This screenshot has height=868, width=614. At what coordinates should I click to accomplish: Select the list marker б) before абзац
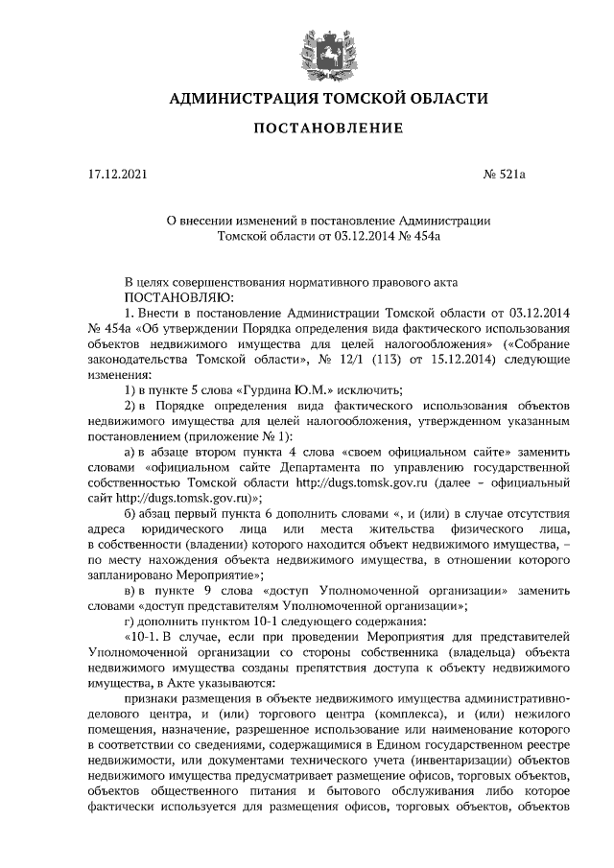[x=132, y=510]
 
